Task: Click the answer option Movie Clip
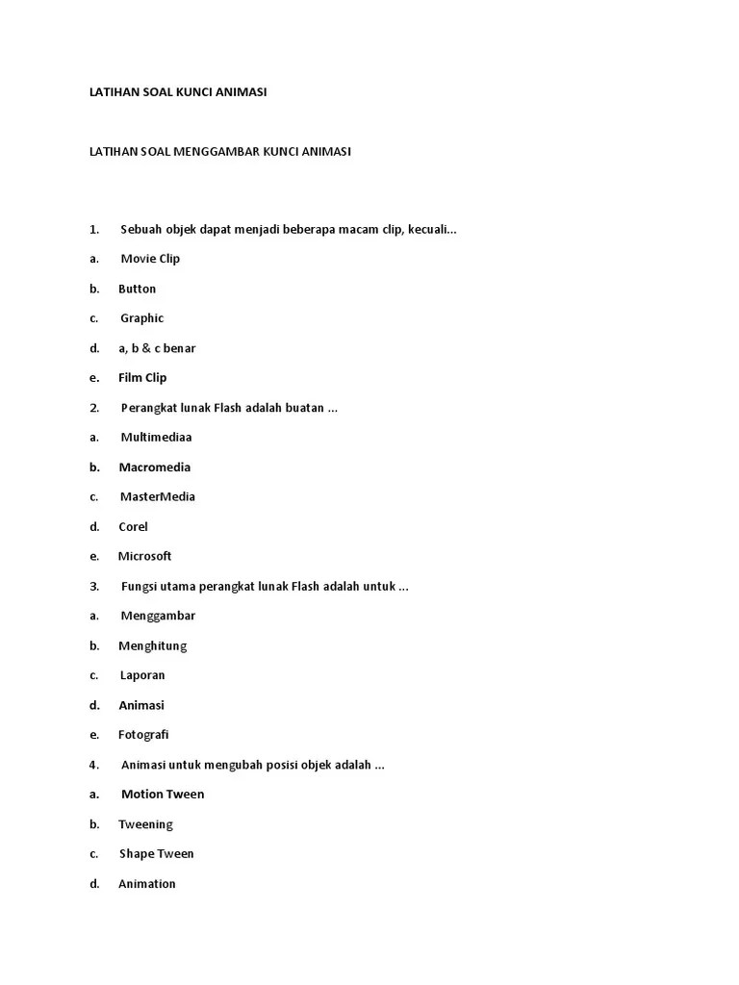click(150, 259)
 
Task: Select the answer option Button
click(137, 289)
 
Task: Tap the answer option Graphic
click(141, 318)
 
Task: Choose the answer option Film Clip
click(142, 378)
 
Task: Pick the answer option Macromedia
click(154, 467)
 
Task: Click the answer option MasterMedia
click(157, 497)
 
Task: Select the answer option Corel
click(133, 527)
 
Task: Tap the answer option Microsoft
click(144, 556)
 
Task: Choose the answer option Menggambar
click(158, 616)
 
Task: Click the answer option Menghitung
click(152, 645)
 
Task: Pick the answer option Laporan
click(142, 675)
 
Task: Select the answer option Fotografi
click(143, 735)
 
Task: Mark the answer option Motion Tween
click(163, 795)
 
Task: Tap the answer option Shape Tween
click(156, 854)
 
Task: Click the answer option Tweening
click(145, 824)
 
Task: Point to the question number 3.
click(94, 587)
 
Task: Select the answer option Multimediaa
click(156, 438)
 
